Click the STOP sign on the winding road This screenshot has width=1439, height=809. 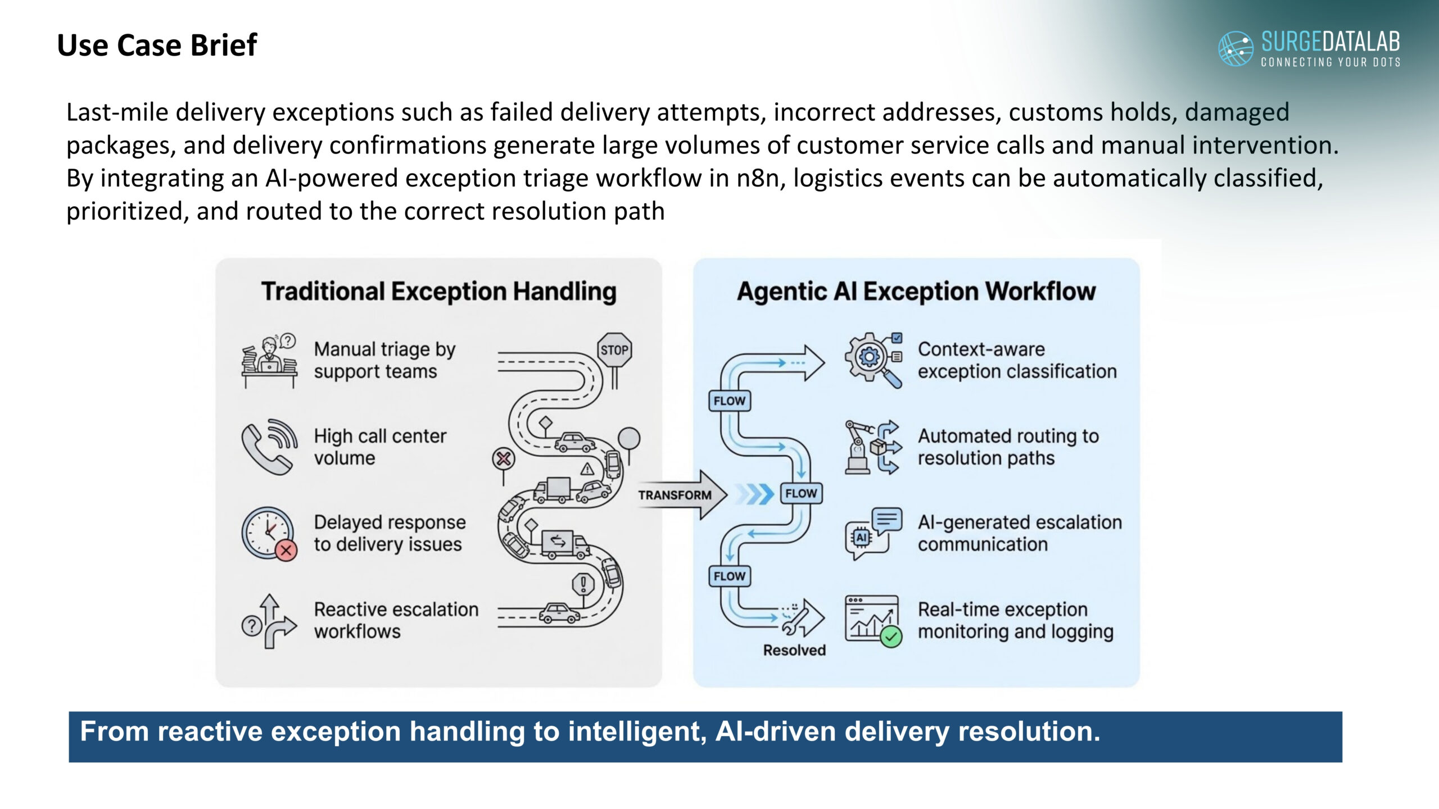pos(614,351)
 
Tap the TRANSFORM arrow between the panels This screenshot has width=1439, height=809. pos(681,494)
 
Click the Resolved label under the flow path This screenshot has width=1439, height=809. pos(794,650)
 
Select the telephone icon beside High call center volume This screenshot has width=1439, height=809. pos(269,447)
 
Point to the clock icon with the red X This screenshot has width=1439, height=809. pos(269,533)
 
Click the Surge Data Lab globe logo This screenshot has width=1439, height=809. pos(1235,49)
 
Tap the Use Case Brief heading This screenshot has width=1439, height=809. pos(157,45)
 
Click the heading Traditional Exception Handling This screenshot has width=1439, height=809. pos(438,291)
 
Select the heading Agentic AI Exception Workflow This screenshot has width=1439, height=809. pos(916,291)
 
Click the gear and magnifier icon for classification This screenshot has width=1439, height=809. pos(873,360)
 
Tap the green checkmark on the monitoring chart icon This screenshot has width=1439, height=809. pos(891,637)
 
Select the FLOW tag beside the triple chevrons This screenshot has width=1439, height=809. pos(801,493)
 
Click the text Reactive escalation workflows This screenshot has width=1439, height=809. pos(396,620)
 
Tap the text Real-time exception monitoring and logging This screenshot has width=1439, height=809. pos(1015,620)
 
